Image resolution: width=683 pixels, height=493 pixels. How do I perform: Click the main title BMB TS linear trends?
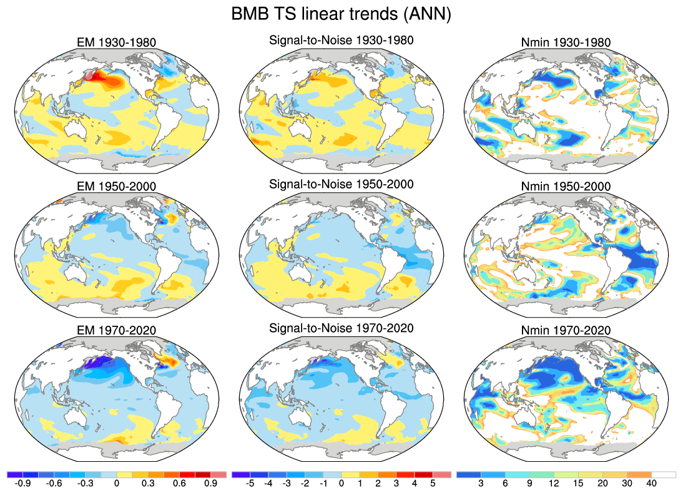pyautogui.click(x=341, y=14)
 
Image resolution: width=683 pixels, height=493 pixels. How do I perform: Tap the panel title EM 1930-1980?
pyautogui.click(x=114, y=43)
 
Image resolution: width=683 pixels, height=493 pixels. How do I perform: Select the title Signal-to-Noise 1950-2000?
pyautogui.click(x=341, y=185)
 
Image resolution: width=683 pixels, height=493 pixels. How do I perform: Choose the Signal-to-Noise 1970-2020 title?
pyautogui.click(x=341, y=328)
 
